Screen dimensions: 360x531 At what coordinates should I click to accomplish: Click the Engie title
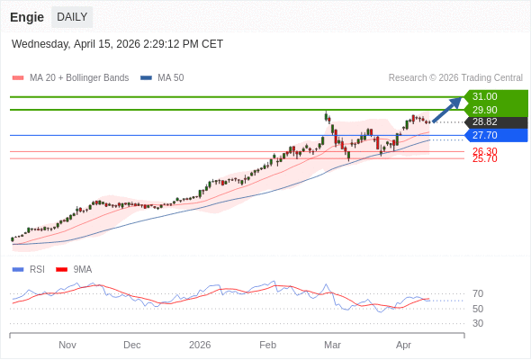(x=27, y=17)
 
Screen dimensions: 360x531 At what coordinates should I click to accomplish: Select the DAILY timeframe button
(x=72, y=17)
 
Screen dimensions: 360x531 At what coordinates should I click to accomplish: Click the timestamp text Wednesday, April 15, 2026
(x=117, y=44)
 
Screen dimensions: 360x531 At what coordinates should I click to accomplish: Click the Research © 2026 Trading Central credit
(x=455, y=78)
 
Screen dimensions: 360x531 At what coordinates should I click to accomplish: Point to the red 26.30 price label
(x=484, y=151)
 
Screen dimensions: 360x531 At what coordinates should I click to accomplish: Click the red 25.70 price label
(x=484, y=158)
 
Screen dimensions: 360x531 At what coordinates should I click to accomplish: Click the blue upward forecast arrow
(x=447, y=110)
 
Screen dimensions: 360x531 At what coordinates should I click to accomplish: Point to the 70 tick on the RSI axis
(x=477, y=293)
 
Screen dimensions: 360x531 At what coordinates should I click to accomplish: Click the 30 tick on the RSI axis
(x=477, y=323)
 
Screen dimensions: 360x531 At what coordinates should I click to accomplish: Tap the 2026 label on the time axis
(x=200, y=345)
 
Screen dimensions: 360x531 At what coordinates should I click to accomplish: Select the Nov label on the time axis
(x=67, y=345)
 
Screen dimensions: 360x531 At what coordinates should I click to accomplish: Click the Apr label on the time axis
(x=403, y=345)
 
